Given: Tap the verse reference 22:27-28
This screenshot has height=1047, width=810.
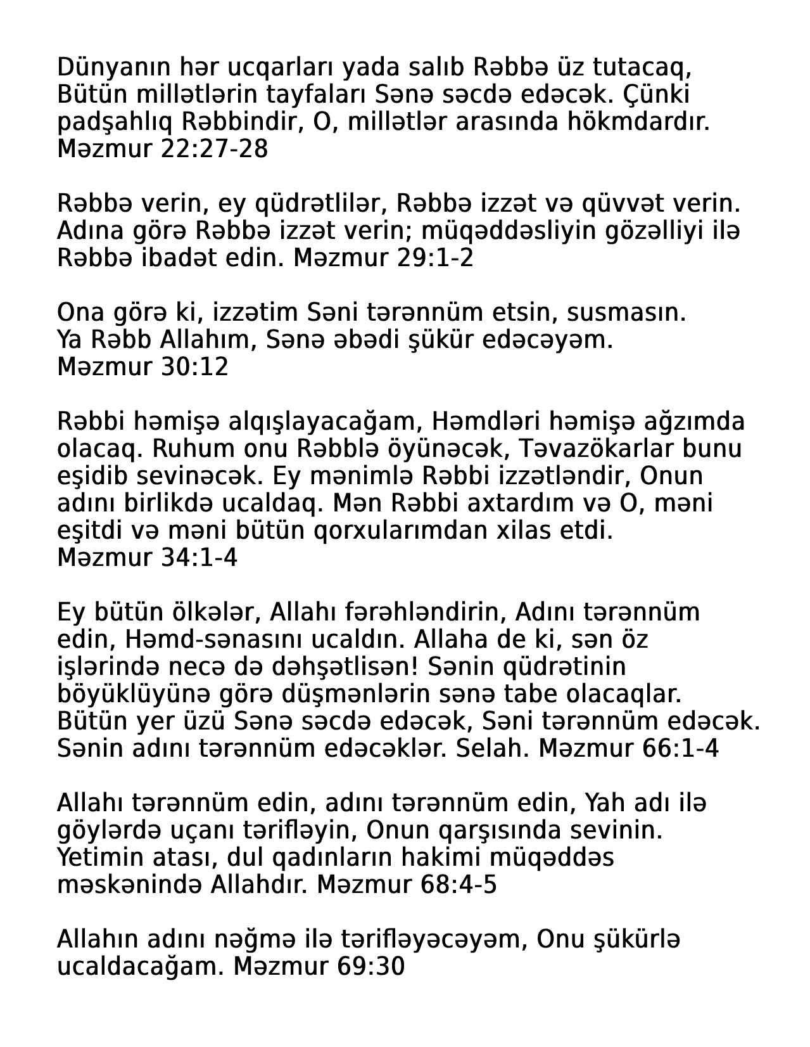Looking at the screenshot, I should (x=215, y=149).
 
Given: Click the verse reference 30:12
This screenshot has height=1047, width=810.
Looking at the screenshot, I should (x=195, y=368).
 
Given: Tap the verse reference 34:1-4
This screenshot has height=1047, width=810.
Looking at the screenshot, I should (x=199, y=558).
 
